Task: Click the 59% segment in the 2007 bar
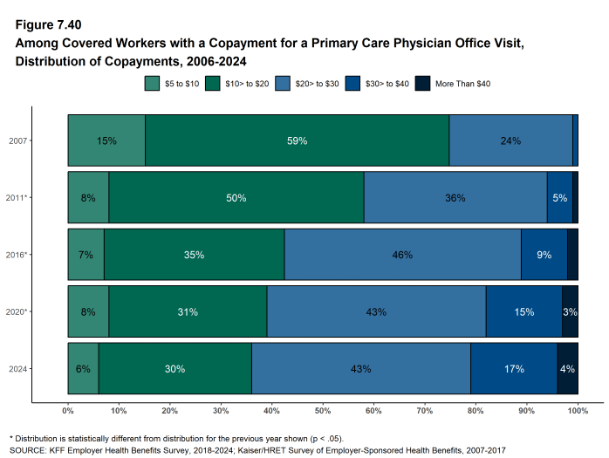(297, 140)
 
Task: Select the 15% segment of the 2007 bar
(106, 140)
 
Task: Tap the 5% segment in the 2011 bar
(559, 197)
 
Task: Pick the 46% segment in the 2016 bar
(402, 255)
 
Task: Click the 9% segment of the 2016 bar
(544, 255)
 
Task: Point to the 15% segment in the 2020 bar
(523, 311)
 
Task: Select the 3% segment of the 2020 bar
(570, 311)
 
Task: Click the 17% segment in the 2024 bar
(514, 368)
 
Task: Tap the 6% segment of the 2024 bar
(83, 368)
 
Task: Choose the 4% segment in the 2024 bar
(567, 368)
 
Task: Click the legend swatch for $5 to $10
(152, 84)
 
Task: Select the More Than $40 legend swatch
(421, 84)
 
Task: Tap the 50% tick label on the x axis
(322, 409)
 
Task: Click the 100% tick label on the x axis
(577, 409)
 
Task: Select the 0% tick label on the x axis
(68, 409)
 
